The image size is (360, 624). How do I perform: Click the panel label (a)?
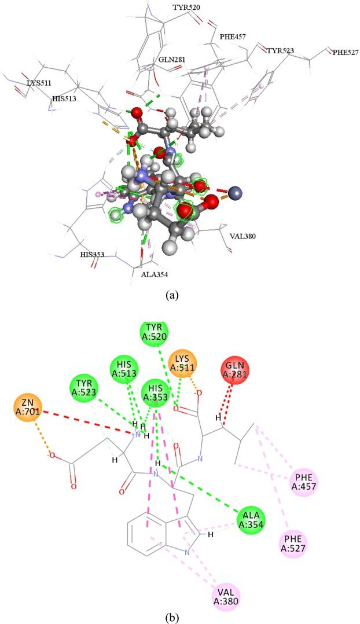click(171, 295)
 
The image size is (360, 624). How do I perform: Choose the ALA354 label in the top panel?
click(155, 274)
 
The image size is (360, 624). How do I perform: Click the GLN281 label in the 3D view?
click(171, 60)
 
